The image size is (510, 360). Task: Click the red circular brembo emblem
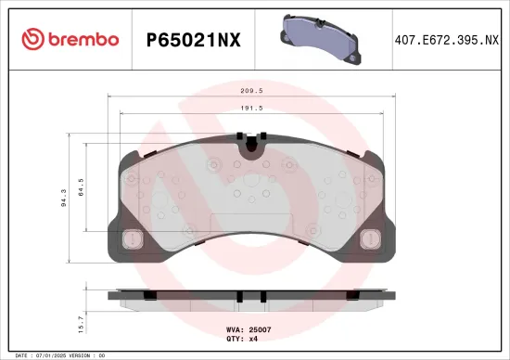33,39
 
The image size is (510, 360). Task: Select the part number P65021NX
193,40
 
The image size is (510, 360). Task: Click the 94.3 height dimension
63,199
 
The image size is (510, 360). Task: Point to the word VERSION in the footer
84,355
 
